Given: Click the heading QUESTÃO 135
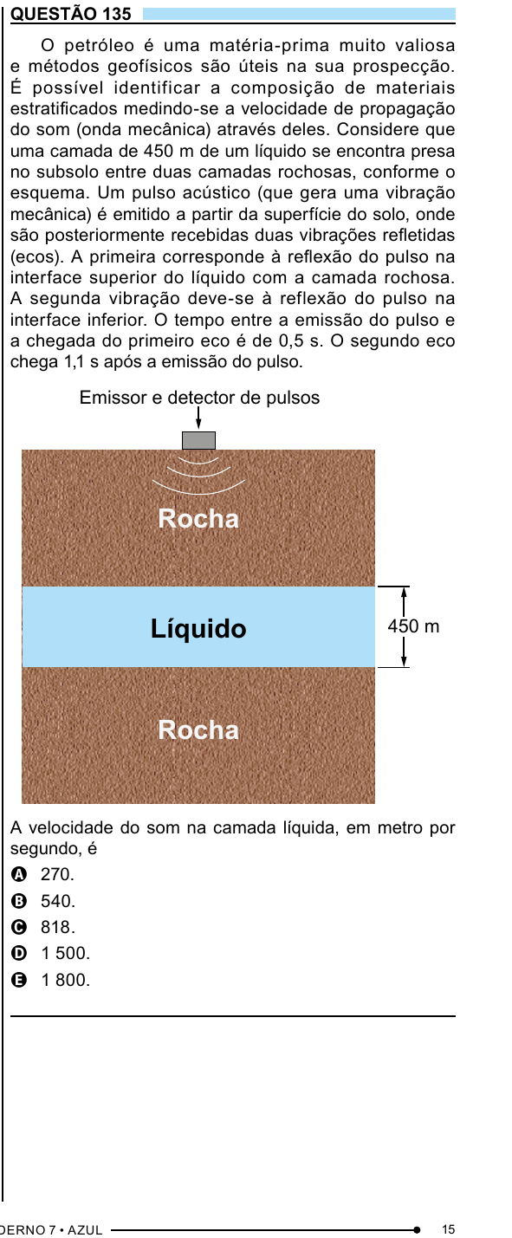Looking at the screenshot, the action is (x=71, y=13).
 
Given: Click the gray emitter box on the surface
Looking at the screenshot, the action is (x=198, y=440).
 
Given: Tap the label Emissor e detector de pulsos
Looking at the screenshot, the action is (x=199, y=398).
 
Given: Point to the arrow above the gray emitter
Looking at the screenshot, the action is (x=198, y=418).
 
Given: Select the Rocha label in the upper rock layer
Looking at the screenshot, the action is (x=198, y=518).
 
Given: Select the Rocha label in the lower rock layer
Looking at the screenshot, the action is (x=198, y=730).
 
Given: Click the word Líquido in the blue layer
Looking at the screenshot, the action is (x=198, y=629).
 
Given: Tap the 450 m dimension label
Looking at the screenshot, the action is (x=413, y=626).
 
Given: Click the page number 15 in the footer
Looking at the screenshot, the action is (x=449, y=1229).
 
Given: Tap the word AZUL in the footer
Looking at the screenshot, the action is (x=85, y=1230).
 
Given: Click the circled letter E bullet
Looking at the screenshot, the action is (x=19, y=980).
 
